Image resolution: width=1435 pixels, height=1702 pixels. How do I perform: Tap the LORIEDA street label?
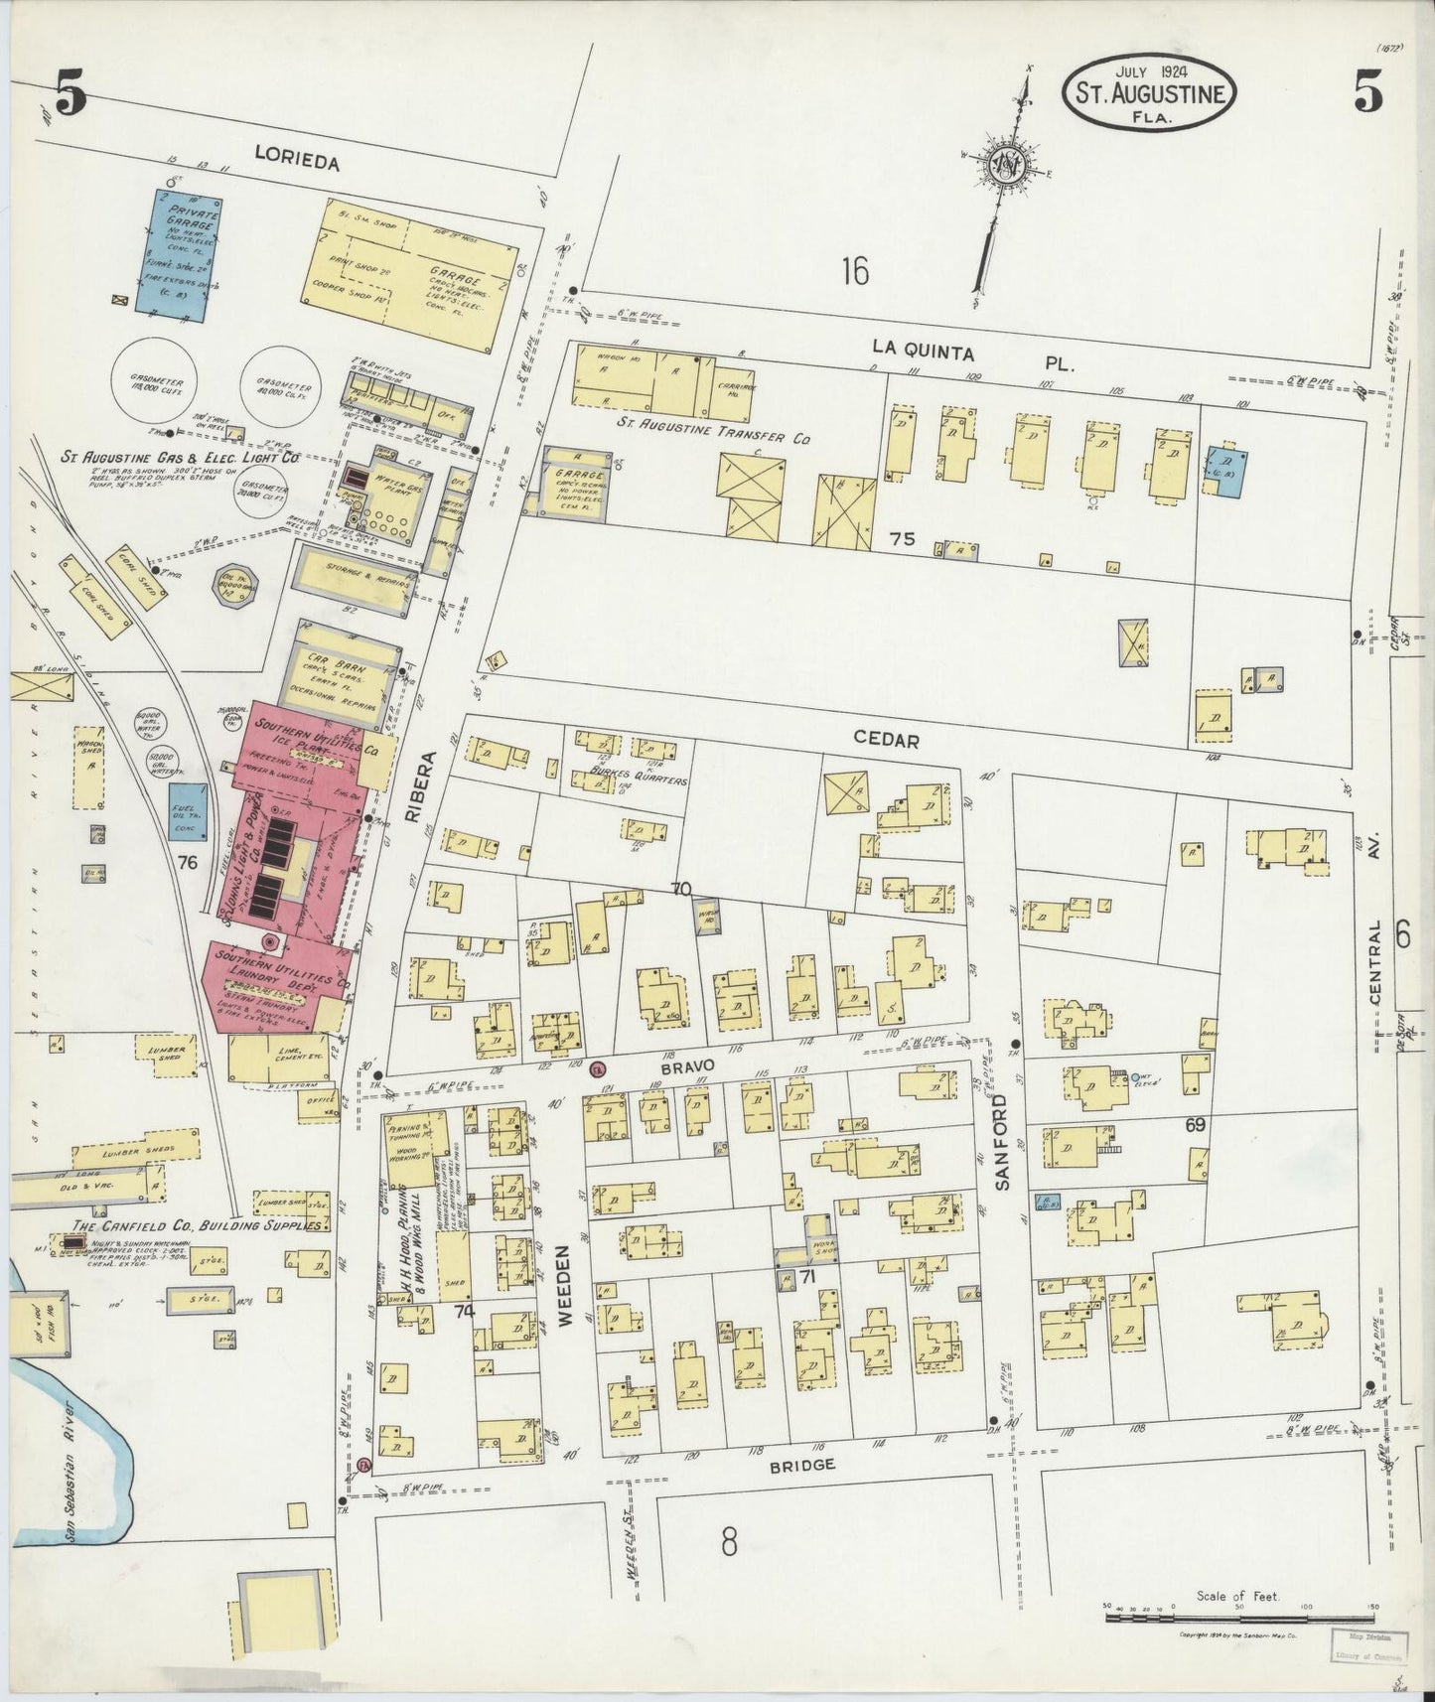[x=296, y=159]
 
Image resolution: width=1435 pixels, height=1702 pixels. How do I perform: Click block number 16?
[x=853, y=270]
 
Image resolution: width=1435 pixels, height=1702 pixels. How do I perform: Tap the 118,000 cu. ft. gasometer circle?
[x=154, y=379]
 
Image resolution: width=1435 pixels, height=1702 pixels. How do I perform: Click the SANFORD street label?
[x=1003, y=1142]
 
